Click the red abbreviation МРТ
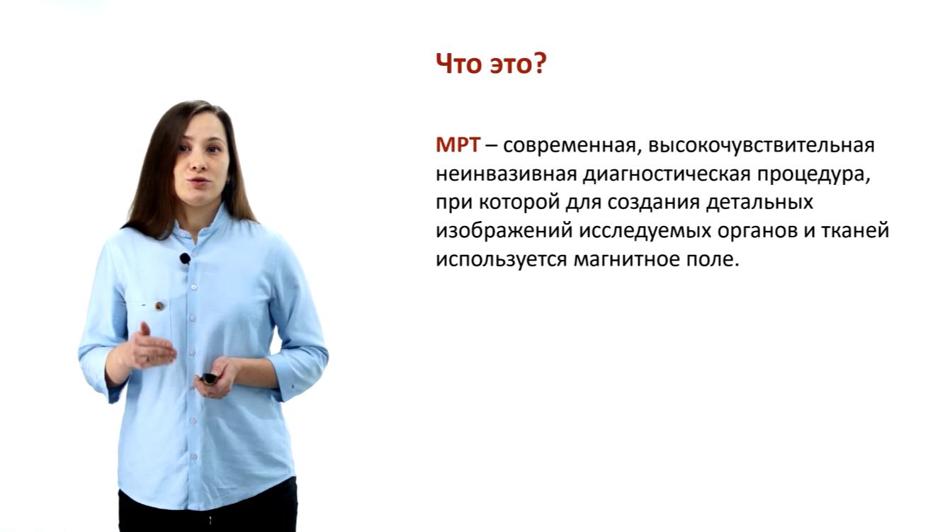tap(458, 145)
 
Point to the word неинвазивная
tap(507, 174)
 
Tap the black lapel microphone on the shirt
tap(185, 258)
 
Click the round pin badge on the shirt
tap(159, 306)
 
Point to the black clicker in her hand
tap(209, 378)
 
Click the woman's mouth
tap(198, 181)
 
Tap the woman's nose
tap(197, 163)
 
